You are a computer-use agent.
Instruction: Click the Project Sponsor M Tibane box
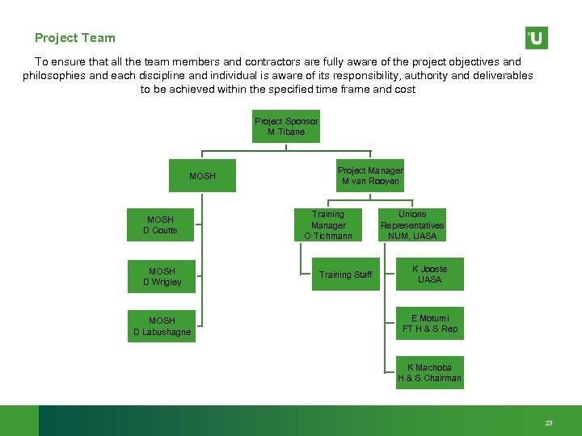pos(286,126)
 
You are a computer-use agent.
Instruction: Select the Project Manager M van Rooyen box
pos(370,175)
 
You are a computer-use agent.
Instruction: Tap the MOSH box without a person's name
pos(202,176)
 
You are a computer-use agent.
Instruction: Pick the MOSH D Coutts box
pos(160,225)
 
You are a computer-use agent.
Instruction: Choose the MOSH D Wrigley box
pos(162,276)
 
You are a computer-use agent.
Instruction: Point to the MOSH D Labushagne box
pos(162,326)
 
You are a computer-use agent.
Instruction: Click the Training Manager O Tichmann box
pos(328,225)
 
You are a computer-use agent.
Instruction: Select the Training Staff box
pos(345,275)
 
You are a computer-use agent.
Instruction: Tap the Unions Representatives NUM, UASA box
pos(412,225)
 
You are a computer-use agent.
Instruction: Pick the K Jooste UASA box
pos(429,275)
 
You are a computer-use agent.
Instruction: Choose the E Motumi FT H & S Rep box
pos(429,324)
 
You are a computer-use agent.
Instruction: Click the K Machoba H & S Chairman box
pos(429,373)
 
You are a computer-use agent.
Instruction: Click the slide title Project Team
pos(75,38)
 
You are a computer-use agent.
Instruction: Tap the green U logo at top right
pos(536,38)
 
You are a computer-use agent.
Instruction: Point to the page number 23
pos(549,423)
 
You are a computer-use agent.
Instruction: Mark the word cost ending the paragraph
pos(406,90)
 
